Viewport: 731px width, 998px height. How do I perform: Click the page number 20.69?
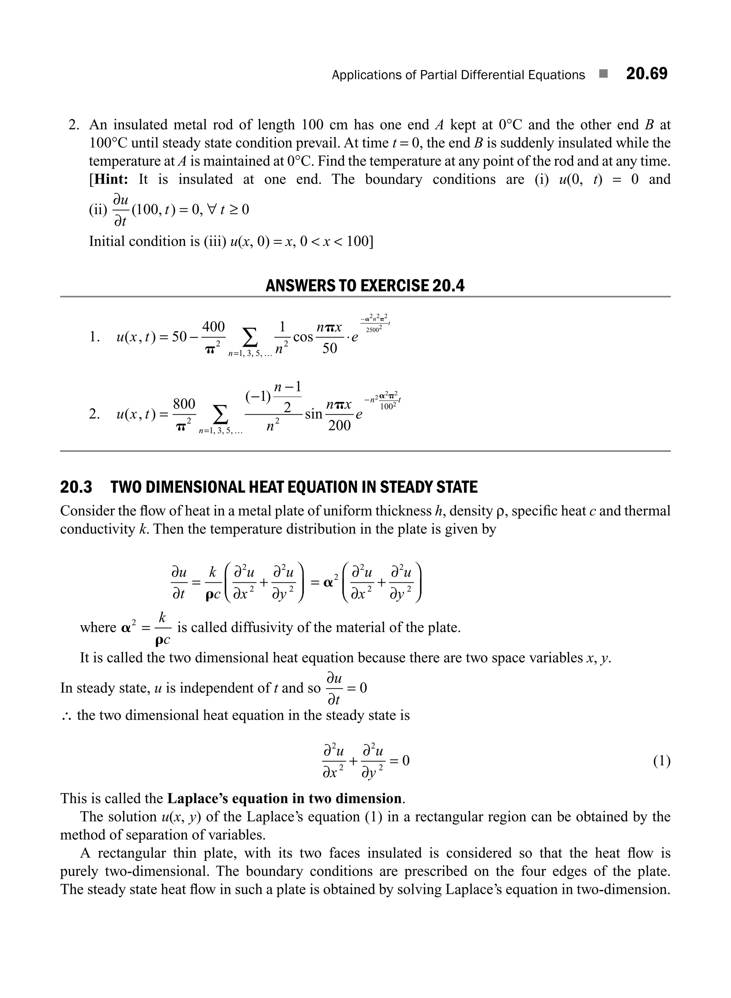point(646,74)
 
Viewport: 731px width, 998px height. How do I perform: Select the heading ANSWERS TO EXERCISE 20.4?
point(365,286)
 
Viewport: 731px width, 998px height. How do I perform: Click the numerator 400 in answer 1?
point(213,327)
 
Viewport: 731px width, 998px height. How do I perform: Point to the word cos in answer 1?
point(303,338)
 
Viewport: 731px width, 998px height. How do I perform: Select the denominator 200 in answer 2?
point(339,426)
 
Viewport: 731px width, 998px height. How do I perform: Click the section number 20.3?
point(76,487)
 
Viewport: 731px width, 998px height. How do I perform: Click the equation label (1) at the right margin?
point(661,761)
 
